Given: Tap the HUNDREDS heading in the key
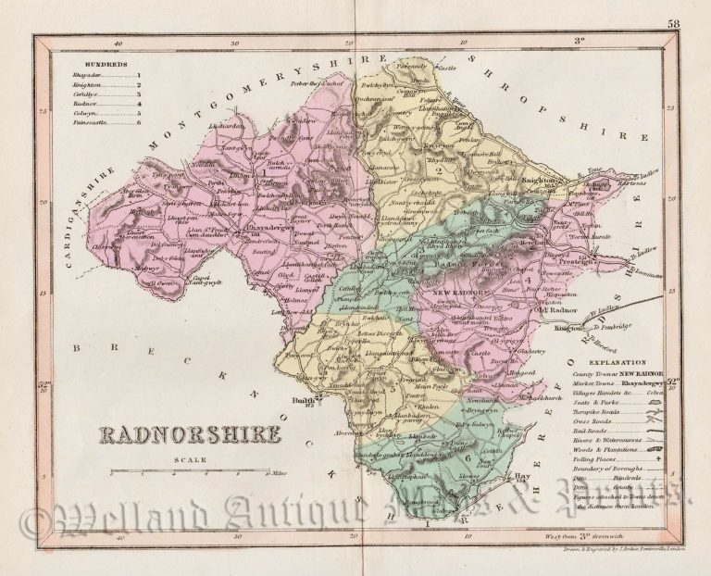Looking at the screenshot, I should (82, 63).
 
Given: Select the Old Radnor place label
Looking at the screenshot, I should (555, 309).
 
